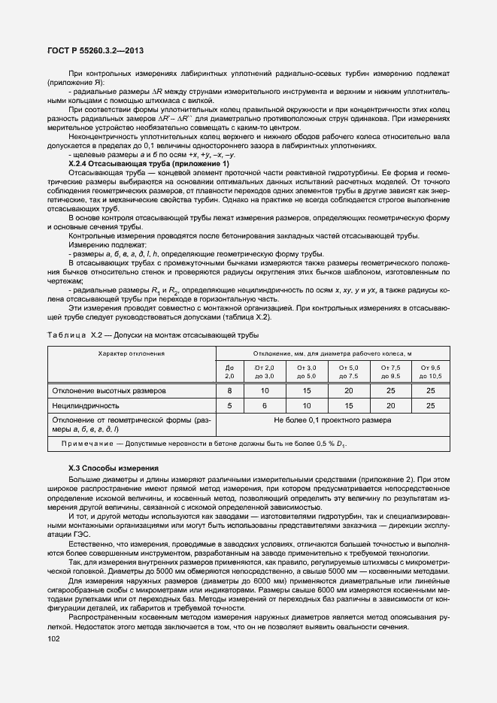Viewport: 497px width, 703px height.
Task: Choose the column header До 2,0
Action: click(x=229, y=371)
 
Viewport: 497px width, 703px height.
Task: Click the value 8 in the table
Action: click(x=229, y=391)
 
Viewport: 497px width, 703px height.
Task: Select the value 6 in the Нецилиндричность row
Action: click(x=265, y=405)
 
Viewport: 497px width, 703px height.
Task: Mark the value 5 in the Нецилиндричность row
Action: click(x=229, y=405)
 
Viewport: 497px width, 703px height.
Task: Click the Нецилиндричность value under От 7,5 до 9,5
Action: click(x=390, y=405)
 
